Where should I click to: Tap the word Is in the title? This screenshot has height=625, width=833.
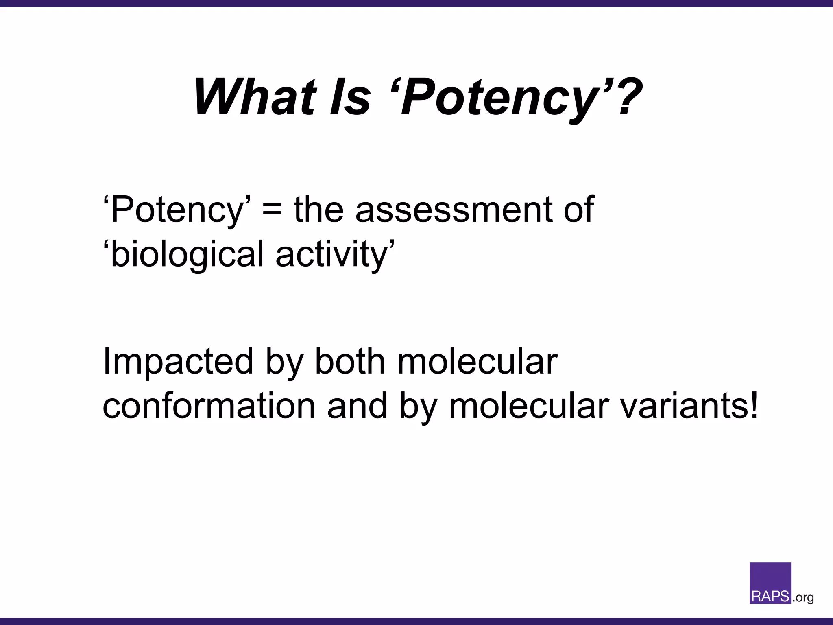tap(350, 97)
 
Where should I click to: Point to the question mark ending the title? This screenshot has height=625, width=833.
tap(624, 97)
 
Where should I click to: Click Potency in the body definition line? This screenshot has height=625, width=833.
tap(177, 210)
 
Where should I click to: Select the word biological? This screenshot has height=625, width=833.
tap(188, 255)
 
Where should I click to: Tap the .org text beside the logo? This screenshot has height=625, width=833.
tap(803, 598)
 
